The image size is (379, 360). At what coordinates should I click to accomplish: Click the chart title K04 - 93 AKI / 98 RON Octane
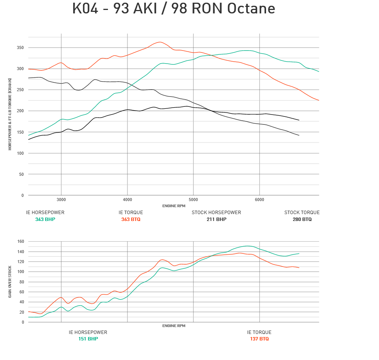(173, 9)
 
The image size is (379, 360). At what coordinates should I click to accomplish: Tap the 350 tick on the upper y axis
(20, 48)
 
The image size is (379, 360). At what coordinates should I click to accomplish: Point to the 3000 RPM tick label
(61, 200)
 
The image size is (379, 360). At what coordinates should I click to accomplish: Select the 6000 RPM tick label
(260, 200)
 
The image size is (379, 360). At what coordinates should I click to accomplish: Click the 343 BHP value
(45, 219)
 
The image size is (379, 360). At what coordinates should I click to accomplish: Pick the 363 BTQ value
(131, 219)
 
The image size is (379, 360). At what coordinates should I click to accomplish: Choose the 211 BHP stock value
(216, 219)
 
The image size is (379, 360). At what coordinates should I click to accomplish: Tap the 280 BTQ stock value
(302, 219)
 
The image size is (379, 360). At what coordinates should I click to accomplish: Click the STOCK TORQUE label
(302, 213)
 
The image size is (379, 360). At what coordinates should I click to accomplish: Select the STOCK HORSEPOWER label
(216, 213)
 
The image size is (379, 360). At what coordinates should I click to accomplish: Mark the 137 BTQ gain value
(259, 339)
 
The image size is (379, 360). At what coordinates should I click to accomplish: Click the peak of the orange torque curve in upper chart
(160, 42)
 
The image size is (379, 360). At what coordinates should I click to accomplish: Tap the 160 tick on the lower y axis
(20, 242)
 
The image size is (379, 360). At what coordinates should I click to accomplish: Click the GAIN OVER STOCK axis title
(10, 281)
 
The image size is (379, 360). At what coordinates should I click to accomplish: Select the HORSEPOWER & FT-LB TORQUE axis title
(10, 114)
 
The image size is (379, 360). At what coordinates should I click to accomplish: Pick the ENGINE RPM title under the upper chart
(173, 206)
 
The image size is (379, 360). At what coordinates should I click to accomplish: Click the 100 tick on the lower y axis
(20, 272)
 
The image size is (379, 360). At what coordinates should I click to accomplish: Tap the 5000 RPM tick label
(193, 200)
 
